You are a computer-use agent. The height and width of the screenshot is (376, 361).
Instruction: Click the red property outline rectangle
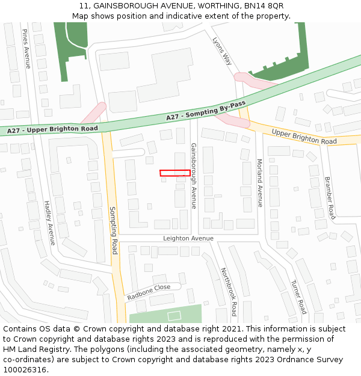(x=175, y=173)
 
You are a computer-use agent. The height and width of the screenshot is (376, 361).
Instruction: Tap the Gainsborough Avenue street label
(x=194, y=176)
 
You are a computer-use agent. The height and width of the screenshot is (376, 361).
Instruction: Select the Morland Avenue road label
(x=260, y=183)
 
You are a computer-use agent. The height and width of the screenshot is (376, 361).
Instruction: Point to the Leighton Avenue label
(x=188, y=238)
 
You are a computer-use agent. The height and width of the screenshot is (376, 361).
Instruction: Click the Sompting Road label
(x=113, y=230)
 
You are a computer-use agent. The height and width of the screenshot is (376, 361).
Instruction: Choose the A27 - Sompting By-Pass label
(x=206, y=111)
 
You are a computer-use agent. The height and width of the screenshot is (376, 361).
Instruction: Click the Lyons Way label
(x=222, y=51)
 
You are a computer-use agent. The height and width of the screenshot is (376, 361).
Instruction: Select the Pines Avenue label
(x=26, y=48)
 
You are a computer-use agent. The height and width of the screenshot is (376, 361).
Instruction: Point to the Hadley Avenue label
(x=49, y=223)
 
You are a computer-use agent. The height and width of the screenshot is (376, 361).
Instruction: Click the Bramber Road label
(x=329, y=197)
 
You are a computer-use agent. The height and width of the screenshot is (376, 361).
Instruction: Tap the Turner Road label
(x=298, y=297)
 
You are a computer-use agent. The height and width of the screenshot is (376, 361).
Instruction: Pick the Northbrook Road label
(x=229, y=292)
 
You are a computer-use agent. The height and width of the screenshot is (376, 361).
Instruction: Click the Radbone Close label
(x=149, y=292)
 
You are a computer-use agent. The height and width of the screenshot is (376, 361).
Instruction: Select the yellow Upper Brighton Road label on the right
(x=304, y=137)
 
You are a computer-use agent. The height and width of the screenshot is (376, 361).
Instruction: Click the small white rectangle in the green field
(x=174, y=315)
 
